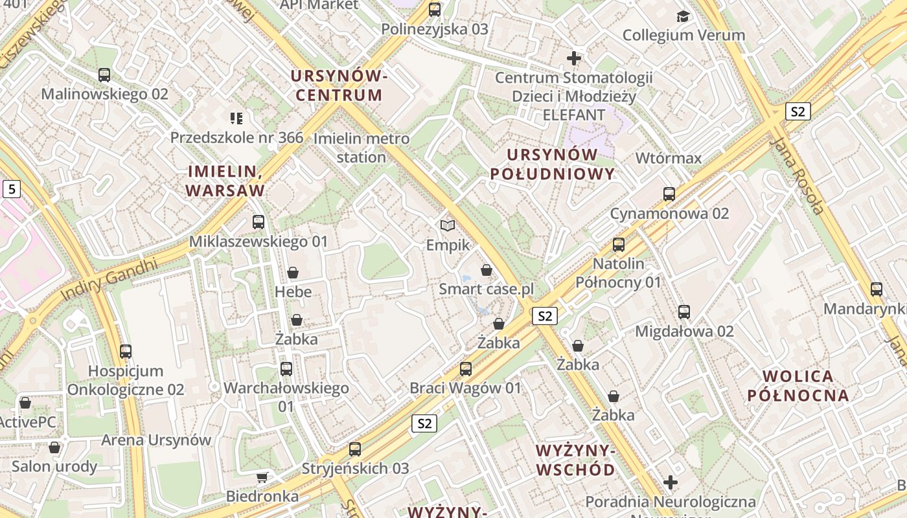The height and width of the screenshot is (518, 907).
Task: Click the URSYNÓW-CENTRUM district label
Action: pos(338,85)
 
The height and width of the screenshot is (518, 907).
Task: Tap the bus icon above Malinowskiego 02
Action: pos(104,75)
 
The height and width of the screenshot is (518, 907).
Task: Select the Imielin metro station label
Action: pos(361,148)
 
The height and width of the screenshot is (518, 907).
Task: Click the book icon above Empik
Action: pos(448,225)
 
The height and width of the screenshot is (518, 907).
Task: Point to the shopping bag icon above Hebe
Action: pos(293,273)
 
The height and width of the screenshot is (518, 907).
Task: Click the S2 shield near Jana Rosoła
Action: pos(798,111)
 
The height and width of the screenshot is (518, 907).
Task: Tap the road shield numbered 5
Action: pos(11,189)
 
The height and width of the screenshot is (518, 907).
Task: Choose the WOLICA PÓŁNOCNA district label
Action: pos(798,386)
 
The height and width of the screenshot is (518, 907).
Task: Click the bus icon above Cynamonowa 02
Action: pos(669,194)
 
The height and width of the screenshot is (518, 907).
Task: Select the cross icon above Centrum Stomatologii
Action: pos(573,58)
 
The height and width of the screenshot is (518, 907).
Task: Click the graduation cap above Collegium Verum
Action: pos(683,16)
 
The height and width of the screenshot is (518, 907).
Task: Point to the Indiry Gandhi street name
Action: pos(109,280)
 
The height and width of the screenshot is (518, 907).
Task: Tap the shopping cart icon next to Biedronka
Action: pos(262,478)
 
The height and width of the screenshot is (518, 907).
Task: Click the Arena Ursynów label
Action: pos(156,440)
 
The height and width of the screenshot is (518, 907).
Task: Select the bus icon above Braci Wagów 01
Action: pos(465,369)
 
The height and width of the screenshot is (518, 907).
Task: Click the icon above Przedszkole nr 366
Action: pos(236,118)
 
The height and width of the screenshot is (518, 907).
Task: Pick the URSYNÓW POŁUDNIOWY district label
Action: pos(552,164)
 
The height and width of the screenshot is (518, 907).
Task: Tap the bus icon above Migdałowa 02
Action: pos(684,312)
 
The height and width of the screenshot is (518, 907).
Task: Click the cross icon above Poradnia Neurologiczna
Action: pos(671,482)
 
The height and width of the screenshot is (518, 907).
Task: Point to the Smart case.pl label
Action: pos(486,289)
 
